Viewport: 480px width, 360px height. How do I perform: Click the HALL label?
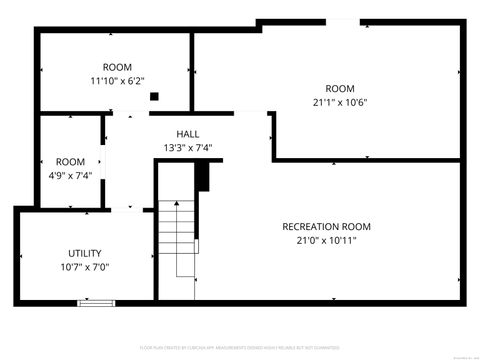(x=188, y=134)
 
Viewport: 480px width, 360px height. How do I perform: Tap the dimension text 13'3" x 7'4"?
(x=188, y=148)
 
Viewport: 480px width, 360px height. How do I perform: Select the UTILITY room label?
(x=85, y=253)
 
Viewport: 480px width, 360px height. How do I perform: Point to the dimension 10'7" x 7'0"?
(x=85, y=267)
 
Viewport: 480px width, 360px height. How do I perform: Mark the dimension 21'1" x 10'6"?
(x=340, y=101)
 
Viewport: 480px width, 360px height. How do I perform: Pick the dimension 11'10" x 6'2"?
(x=117, y=81)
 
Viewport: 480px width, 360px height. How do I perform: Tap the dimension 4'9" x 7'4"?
(x=70, y=175)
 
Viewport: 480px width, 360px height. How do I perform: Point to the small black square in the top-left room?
(x=154, y=97)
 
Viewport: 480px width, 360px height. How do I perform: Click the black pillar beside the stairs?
(x=202, y=176)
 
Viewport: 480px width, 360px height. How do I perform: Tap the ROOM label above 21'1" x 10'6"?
(x=340, y=87)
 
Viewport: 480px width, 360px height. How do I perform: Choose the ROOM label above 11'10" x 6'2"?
(x=117, y=67)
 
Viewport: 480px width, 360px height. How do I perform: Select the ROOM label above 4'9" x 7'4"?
(x=70, y=162)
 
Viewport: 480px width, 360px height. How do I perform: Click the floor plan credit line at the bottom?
(x=239, y=349)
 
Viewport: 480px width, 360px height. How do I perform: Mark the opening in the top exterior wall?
(x=342, y=22)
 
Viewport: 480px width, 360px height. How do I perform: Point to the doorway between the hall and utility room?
(x=126, y=209)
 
